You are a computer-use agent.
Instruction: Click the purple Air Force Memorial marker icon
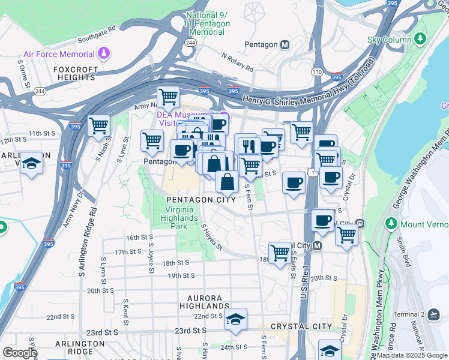pos(104,54)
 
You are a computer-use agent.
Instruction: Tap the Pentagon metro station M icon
pos(285,44)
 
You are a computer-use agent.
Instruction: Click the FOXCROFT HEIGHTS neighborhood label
pos(76,73)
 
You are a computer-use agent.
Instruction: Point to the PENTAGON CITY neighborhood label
pos(200,200)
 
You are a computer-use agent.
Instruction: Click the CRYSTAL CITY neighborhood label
pos(301,326)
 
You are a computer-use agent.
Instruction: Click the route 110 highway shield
pos(317,71)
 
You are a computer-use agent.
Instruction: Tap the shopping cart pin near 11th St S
pos(98,126)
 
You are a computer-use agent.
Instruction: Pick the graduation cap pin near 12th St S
pos(31,163)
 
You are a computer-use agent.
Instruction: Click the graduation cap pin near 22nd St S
pos(235,319)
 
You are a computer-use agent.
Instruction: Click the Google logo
pos(20,353)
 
